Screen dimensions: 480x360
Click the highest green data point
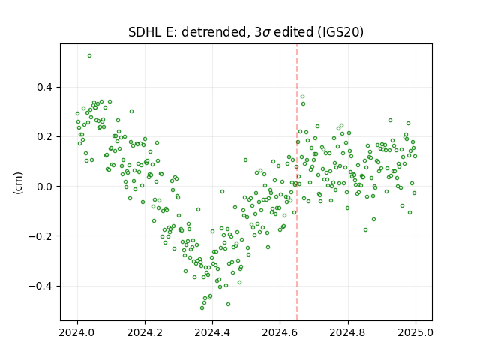tap(90, 56)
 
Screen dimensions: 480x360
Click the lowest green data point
tap(202, 307)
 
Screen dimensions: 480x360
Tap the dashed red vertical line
tap(297, 182)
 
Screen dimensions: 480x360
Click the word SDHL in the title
tap(145, 32)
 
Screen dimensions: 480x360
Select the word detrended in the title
tap(213, 32)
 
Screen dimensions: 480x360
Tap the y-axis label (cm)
tap(18, 183)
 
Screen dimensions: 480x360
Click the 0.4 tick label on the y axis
tap(45, 87)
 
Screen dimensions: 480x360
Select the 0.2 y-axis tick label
tap(45, 136)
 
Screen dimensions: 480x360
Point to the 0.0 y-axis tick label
tap(45, 187)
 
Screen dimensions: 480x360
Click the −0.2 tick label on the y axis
tap(41, 236)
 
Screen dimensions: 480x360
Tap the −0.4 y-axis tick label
tap(41, 286)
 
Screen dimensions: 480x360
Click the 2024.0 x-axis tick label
tap(77, 332)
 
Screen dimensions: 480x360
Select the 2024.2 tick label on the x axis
tap(145, 332)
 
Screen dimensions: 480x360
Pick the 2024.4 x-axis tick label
tap(212, 332)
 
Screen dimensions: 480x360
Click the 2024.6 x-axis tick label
tap(280, 332)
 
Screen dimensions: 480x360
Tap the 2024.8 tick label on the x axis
tap(348, 332)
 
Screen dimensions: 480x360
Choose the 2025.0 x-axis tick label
tap(415, 332)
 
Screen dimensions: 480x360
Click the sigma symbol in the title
tap(267, 33)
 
